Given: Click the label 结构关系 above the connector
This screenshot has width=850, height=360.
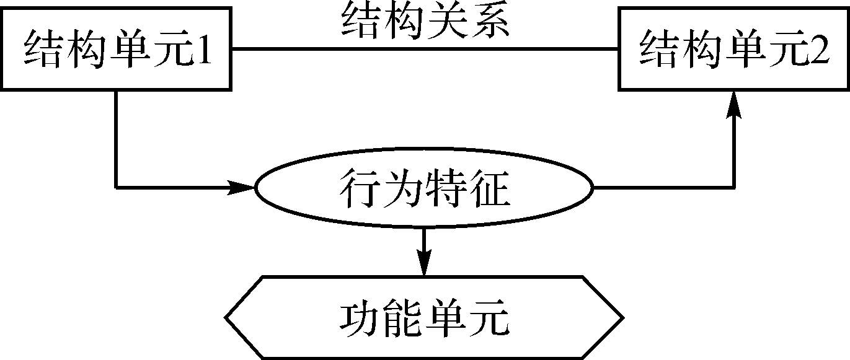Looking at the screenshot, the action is pyautogui.click(x=425, y=21).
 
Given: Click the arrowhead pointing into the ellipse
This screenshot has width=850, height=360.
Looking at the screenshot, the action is pyautogui.click(x=241, y=187).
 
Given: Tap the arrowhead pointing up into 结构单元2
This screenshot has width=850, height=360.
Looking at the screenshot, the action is pyautogui.click(x=734, y=105).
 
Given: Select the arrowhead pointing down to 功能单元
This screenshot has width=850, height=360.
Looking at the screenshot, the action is pyautogui.click(x=424, y=262).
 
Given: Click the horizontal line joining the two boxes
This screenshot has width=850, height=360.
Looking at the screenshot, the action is pyautogui.click(x=425, y=49).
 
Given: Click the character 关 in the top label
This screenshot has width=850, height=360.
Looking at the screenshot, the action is pyautogui.click(x=446, y=21).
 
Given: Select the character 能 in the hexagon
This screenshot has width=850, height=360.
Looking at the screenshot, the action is pyautogui.click(x=402, y=318).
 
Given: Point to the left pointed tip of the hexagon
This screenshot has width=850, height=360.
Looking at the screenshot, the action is pyautogui.click(x=225, y=317).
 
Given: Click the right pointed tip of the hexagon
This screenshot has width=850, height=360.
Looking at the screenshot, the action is pyautogui.click(x=624, y=317).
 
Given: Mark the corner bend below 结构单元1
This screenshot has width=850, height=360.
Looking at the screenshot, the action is pyautogui.click(x=116, y=187).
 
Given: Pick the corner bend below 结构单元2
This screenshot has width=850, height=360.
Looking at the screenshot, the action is pyautogui.click(x=734, y=187).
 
